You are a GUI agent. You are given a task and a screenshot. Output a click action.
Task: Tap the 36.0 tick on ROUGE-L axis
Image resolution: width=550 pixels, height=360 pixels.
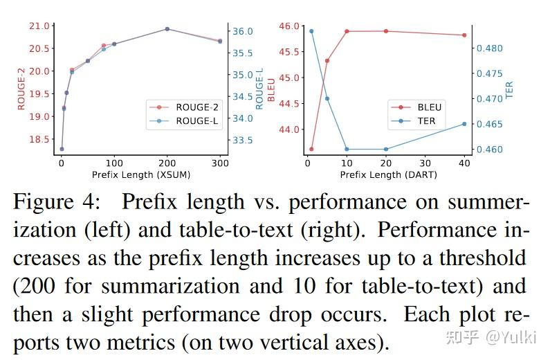[x=244, y=31]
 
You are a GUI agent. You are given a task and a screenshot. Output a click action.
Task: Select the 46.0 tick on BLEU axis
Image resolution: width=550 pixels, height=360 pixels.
[x=290, y=26]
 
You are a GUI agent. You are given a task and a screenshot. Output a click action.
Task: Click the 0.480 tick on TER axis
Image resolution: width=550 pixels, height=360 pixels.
[x=489, y=48]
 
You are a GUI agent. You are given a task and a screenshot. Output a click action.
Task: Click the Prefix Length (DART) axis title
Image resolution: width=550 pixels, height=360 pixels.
[x=388, y=175]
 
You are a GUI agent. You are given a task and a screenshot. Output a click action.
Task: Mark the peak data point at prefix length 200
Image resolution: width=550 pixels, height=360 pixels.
[x=167, y=29]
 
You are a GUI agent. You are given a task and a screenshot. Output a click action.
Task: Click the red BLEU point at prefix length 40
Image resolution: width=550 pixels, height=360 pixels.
[x=464, y=35]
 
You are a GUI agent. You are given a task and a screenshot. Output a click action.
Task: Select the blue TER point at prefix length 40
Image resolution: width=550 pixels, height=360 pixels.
[x=464, y=123]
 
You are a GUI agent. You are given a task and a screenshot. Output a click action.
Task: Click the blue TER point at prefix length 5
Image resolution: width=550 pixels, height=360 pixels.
[x=327, y=98]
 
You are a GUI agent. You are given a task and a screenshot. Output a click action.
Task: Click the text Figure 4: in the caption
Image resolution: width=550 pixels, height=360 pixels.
[x=58, y=202]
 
